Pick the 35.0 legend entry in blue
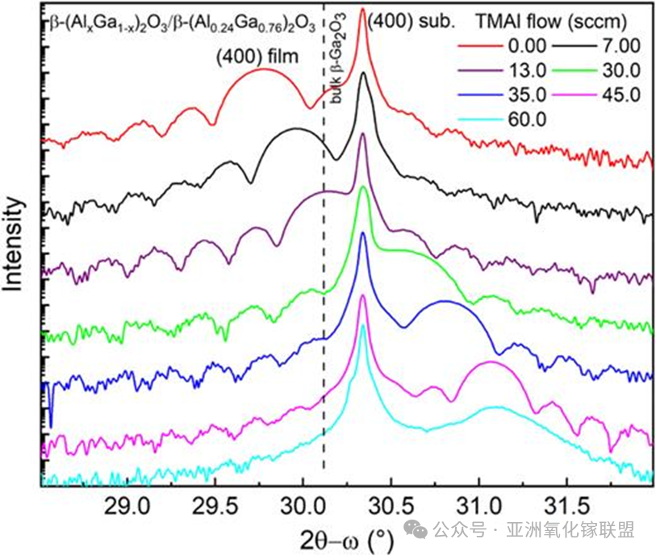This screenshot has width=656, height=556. click(x=495, y=94)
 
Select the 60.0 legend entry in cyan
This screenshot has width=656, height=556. click(x=495, y=119)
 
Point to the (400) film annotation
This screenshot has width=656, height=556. click(x=257, y=56)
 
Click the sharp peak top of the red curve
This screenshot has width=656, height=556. click(x=362, y=10)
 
